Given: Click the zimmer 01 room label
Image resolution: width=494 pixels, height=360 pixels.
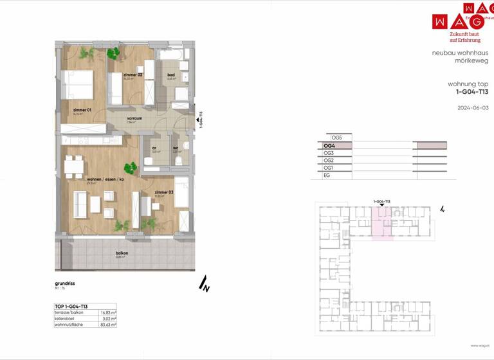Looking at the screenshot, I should click(82, 110).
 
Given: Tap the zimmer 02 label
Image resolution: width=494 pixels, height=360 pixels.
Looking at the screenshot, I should click(133, 75).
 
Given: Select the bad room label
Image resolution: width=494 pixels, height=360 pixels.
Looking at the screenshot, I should click(171, 75).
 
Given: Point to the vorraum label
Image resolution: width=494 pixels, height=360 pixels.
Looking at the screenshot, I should click(134, 118).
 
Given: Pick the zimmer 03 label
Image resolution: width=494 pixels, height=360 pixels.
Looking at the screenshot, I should click(163, 192).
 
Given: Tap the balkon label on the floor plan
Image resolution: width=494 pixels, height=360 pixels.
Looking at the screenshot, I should click(122, 253).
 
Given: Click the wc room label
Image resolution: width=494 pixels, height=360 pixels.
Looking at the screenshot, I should click(175, 148).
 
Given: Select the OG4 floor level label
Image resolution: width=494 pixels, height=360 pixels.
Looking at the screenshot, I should click(329, 146).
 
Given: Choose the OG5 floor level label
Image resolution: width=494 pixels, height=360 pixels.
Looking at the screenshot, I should click(336, 138).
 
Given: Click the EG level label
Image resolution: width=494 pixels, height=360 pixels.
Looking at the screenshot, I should click(327, 175).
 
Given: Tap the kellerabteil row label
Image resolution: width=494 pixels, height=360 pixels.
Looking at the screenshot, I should click(66, 318).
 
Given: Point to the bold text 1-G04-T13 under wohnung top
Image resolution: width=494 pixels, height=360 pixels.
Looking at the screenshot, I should click(471, 93).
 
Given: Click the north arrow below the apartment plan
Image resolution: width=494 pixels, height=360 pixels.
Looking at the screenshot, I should click(205, 283).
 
